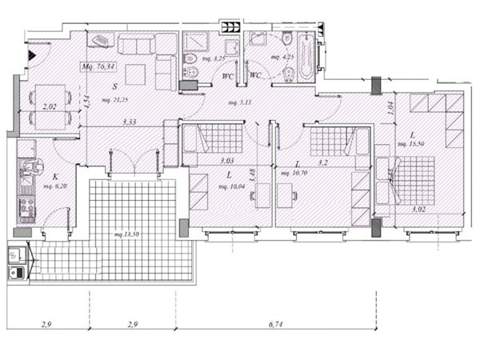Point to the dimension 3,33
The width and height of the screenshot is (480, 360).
pyautogui.click(x=129, y=122)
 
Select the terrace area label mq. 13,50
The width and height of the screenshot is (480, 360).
pyautogui.click(x=126, y=234)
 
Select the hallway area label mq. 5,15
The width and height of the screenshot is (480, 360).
pyautogui.click(x=240, y=102)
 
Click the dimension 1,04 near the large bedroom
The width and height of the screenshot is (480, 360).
pyautogui.click(x=390, y=109)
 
